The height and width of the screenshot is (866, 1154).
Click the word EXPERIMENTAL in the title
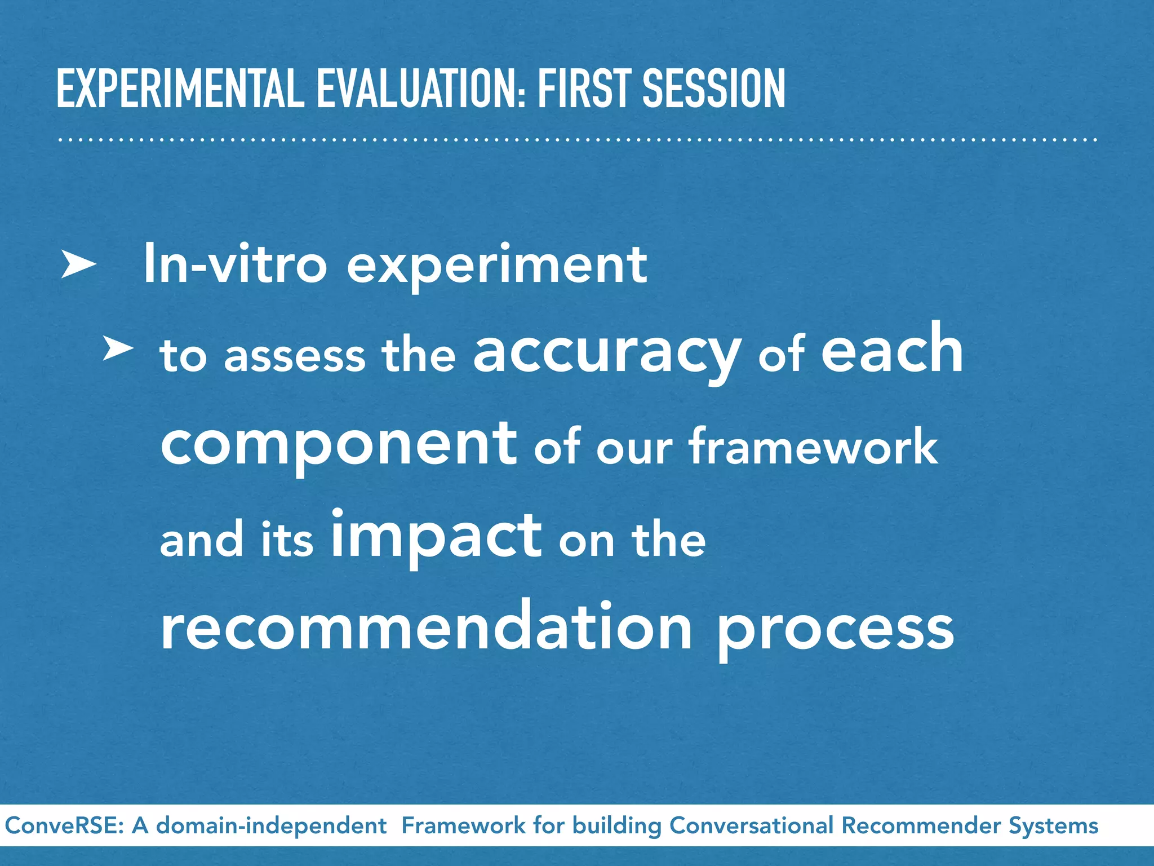180,89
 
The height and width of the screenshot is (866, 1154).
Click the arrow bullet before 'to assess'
118,350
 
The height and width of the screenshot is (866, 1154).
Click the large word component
339,445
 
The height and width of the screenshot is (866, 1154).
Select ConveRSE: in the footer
64,826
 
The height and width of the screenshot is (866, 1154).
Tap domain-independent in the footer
271,826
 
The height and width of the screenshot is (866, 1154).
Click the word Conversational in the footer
751,826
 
